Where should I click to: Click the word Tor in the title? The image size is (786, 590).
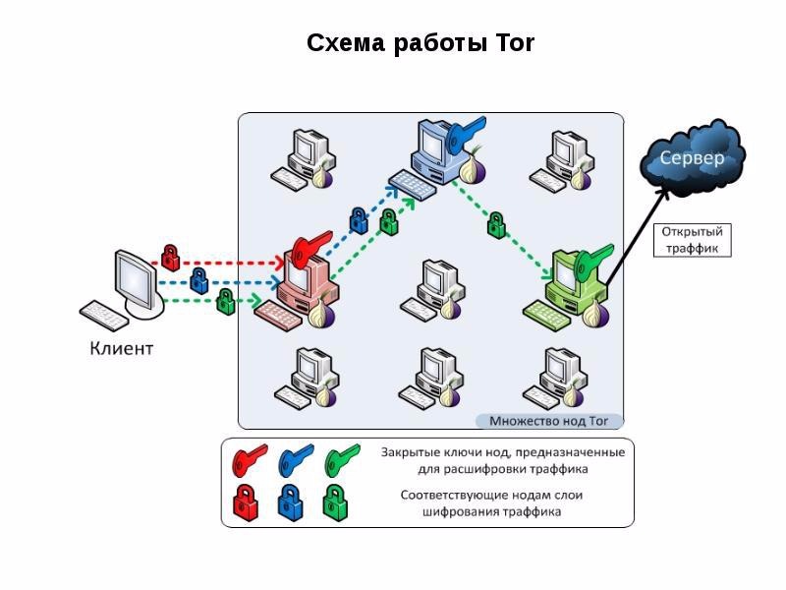click(514, 43)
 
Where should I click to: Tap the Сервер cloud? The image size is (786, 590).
click(693, 157)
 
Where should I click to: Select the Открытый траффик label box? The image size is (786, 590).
click(693, 240)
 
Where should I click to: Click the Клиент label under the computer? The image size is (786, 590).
click(121, 348)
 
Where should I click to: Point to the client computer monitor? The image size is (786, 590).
click(137, 279)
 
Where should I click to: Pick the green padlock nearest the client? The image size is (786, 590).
click(226, 301)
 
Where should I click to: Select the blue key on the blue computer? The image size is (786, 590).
click(465, 133)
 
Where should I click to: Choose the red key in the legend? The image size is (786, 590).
click(250, 459)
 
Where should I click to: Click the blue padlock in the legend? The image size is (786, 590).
click(291, 502)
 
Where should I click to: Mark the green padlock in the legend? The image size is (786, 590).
click(335, 502)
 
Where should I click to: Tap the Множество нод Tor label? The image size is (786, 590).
click(548, 421)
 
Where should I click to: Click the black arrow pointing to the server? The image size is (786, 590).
click(637, 236)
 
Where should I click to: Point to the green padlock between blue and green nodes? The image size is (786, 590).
click(496, 224)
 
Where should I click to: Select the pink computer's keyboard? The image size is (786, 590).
click(278, 315)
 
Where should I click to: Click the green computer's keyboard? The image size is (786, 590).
click(547, 315)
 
